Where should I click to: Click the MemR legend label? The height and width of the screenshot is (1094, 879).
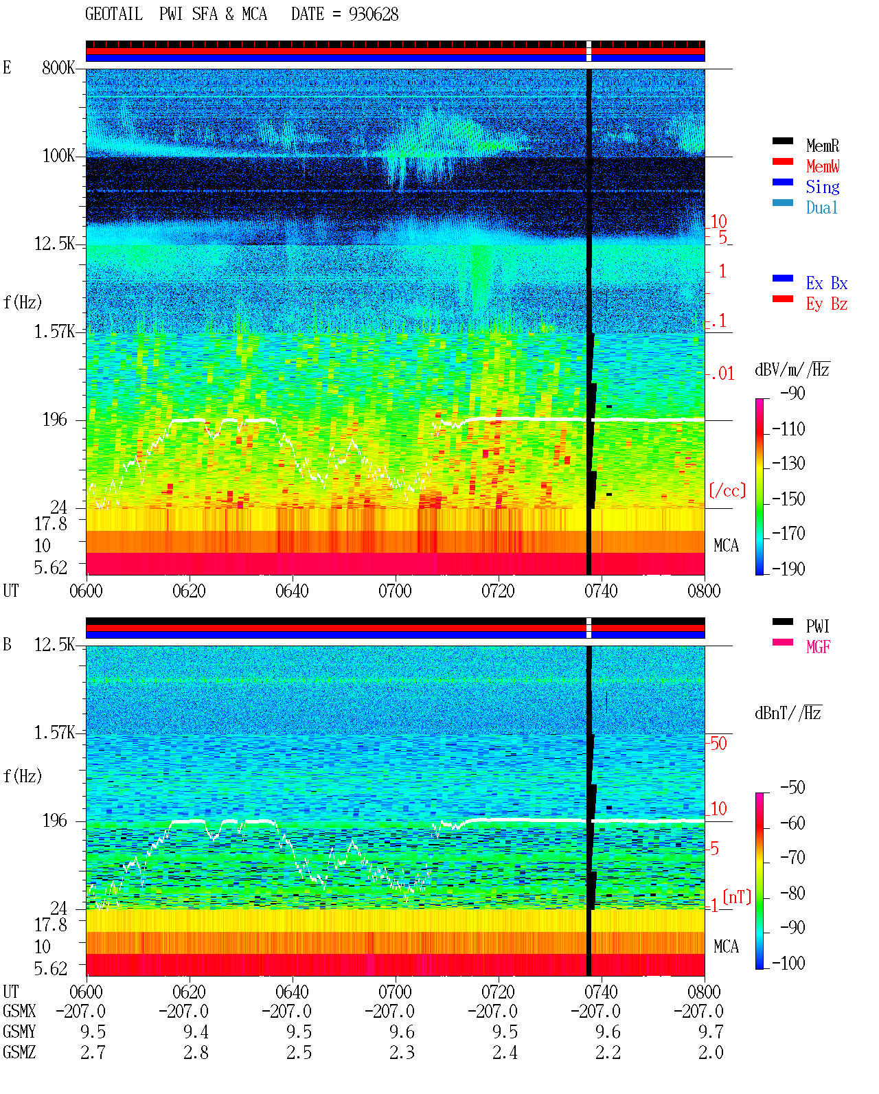tap(822, 146)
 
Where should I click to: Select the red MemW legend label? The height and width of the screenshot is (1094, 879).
tap(823, 166)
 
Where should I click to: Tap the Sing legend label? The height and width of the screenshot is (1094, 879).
tap(822, 187)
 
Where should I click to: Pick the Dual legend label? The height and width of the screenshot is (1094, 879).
tap(821, 207)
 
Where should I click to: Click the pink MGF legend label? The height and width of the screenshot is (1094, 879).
tap(818, 647)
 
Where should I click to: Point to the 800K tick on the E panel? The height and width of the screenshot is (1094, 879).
tap(58, 67)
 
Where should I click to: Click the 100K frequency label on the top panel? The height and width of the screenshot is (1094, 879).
tap(58, 156)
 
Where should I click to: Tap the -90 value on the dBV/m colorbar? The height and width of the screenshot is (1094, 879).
tap(792, 393)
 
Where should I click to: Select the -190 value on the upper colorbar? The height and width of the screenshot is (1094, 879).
tap(788, 569)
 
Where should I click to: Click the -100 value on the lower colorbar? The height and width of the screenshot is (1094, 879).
tap(788, 963)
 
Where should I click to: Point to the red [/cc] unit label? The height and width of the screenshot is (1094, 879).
tap(727, 490)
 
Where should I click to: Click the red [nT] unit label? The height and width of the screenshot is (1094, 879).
tap(737, 897)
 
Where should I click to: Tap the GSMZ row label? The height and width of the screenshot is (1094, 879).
tap(19, 1052)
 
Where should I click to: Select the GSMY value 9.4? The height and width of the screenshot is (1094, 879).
tap(196, 1032)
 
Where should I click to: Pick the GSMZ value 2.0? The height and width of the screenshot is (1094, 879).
tap(711, 1052)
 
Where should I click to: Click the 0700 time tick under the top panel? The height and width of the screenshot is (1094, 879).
tap(395, 591)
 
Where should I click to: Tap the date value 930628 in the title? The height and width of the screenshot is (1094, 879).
tap(374, 14)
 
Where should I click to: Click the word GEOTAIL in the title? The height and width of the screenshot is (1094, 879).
tap(114, 14)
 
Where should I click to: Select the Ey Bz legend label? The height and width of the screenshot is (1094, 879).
tap(827, 304)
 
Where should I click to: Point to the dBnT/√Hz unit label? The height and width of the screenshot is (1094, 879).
tap(788, 713)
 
